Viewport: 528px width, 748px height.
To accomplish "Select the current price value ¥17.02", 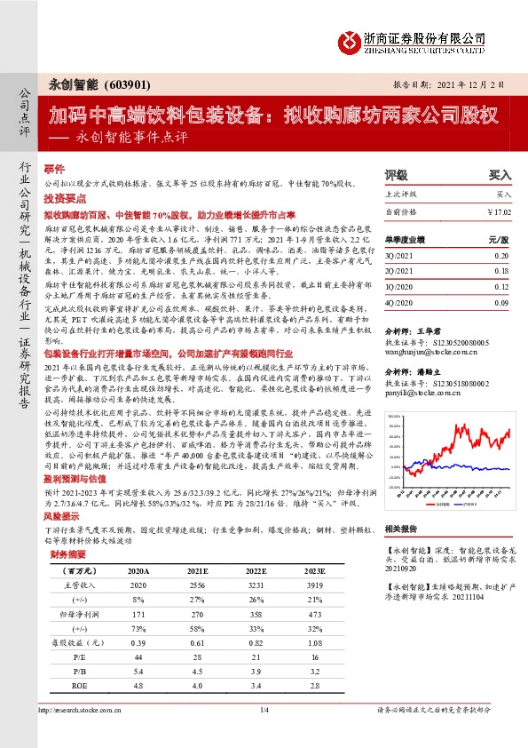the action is pos(499,211).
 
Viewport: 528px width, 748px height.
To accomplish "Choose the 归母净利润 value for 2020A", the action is pos(138,615).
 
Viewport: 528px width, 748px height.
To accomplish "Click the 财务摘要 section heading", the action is pos(67,553).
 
